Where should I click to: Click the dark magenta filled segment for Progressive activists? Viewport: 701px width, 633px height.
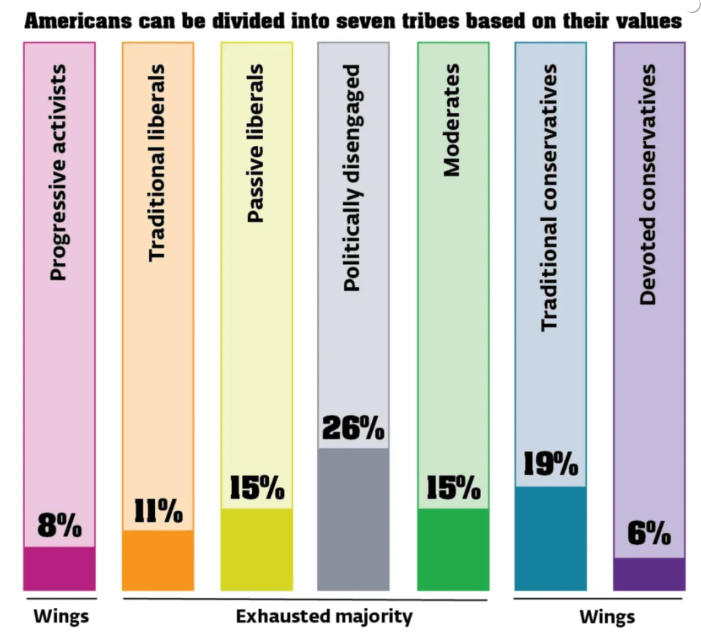tap(59, 568)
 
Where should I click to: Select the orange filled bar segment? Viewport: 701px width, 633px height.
tap(158, 560)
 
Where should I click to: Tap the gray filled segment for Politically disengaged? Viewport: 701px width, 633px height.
tap(354, 519)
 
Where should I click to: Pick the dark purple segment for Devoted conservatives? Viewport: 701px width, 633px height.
tap(649, 574)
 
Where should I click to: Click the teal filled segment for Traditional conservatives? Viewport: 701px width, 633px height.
tap(551, 538)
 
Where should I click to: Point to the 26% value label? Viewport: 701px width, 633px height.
tap(354, 428)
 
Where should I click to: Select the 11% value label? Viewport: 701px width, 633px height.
tap(159, 511)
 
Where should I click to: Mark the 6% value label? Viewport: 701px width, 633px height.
tap(649, 533)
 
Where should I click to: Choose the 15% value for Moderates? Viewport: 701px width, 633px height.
tap(453, 487)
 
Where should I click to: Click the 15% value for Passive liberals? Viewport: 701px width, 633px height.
tap(257, 487)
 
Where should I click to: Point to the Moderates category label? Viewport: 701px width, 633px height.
tap(452, 120)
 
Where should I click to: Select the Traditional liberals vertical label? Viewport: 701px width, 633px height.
tap(157, 162)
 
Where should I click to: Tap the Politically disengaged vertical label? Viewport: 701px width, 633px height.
tap(351, 177)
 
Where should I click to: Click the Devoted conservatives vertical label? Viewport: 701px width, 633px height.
tap(648, 184)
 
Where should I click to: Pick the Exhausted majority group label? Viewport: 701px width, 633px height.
tap(324, 616)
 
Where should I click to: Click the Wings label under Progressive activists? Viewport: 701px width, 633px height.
tap(61, 616)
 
